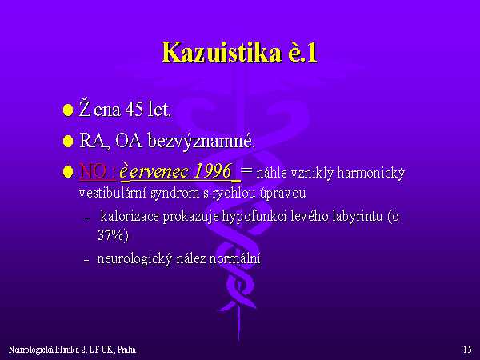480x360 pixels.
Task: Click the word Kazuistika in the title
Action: tap(222, 52)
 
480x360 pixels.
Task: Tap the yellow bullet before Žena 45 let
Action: tap(68, 110)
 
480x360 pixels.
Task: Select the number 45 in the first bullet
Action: tap(134, 110)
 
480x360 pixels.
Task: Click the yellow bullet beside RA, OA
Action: tap(68, 141)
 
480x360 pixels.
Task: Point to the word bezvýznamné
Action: tap(201, 142)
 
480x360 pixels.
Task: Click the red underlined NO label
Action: tap(93, 171)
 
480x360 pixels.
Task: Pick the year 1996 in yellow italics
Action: tap(213, 171)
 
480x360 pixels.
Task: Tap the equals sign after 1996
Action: tap(246, 170)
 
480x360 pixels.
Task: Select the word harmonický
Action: tap(370, 174)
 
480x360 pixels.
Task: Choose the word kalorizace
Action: tap(130, 216)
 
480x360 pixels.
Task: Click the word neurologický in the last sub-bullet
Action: tap(134, 259)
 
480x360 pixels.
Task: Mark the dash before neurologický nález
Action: tap(86, 260)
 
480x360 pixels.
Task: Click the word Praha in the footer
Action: tap(126, 350)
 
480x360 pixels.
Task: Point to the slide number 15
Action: tap(467, 350)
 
